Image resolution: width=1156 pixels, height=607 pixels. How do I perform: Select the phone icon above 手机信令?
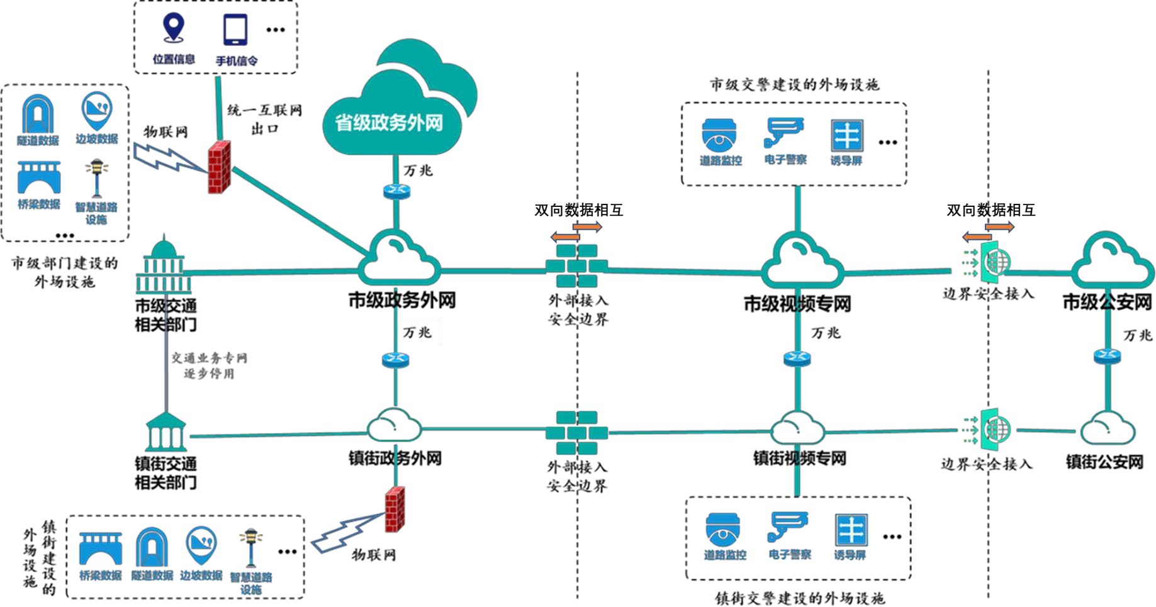(235, 30)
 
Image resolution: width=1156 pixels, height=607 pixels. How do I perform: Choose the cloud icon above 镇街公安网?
(1107, 428)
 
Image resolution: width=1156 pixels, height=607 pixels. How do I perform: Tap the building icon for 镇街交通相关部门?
(166, 432)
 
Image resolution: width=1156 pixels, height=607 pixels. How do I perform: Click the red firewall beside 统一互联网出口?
(220, 167)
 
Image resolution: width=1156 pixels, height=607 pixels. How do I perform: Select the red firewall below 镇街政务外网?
(395, 509)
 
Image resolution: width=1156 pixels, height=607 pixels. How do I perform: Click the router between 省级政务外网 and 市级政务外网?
(396, 190)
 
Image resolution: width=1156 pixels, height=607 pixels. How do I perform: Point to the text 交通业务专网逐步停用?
(209, 365)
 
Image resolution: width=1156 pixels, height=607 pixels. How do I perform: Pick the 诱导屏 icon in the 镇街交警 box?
(851, 530)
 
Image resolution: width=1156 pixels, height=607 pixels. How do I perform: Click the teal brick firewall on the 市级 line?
(576, 266)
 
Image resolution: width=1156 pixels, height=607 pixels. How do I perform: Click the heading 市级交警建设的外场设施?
(794, 84)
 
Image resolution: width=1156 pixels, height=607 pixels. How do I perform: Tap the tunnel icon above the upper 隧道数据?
(37, 114)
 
